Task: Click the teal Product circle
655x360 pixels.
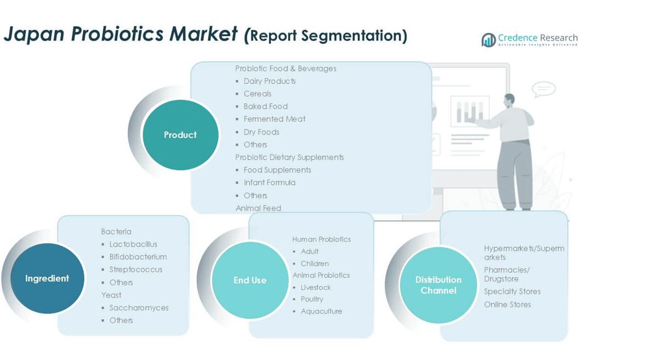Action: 180,135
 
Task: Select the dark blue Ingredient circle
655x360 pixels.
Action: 47,278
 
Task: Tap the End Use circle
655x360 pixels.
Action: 250,280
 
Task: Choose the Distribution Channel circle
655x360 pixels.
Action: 438,285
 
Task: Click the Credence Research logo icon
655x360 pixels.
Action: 488,40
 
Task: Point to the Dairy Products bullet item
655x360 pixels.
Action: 270,81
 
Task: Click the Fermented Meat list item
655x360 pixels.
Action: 275,119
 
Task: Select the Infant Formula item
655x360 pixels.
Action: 270,182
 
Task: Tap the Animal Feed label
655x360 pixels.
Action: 258,208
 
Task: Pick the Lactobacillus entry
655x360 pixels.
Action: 133,244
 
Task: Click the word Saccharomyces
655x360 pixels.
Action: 139,308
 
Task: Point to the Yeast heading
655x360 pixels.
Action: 111,295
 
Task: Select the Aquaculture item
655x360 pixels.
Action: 321,311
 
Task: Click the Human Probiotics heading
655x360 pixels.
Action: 321,239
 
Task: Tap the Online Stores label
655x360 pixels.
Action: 508,305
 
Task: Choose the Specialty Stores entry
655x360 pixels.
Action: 512,292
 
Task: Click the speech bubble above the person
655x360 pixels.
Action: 544,89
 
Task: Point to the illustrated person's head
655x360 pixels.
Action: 509,100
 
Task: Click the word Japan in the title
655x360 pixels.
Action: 34,34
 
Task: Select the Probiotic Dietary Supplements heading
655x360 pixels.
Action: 289,157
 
